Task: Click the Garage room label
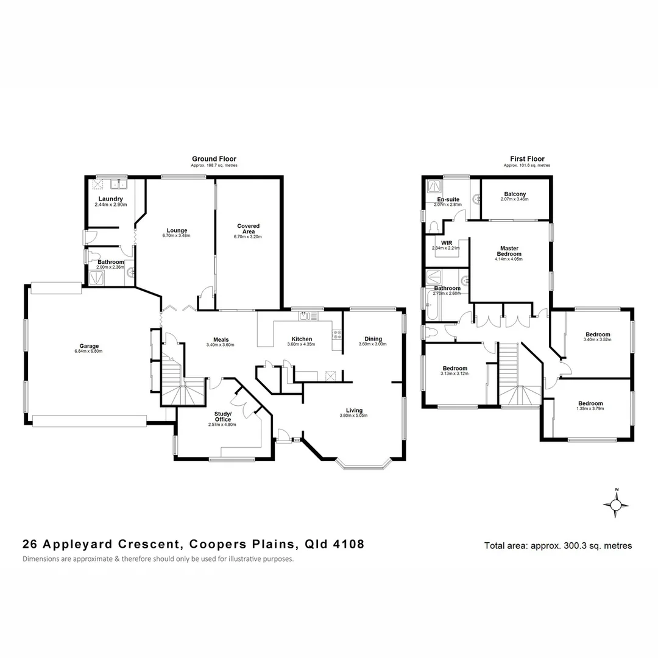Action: pos(89,346)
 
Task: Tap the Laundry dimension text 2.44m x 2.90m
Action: pos(111,205)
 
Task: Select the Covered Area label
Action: pos(248,228)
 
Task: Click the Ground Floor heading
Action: pos(214,159)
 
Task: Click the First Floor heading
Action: pos(527,159)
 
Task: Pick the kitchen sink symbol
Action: pos(305,316)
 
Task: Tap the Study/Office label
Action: pos(222,416)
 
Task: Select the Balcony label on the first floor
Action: pos(515,194)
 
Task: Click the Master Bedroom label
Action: pos(509,251)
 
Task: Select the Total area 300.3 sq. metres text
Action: pos(557,546)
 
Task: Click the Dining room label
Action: pos(373,339)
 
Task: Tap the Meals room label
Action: pos(221,340)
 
